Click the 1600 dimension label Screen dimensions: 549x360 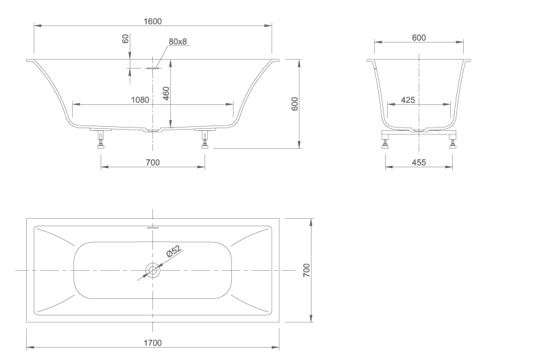pyautogui.click(x=152, y=21)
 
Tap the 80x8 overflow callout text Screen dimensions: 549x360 pyautogui.click(x=178, y=41)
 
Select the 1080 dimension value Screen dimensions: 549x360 pyautogui.click(x=140, y=100)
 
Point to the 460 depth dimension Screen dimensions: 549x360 pyautogui.click(x=166, y=93)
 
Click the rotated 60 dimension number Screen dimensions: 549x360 pyautogui.click(x=126, y=38)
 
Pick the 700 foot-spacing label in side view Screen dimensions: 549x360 pyautogui.click(x=152, y=163)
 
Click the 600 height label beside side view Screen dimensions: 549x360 pyautogui.click(x=295, y=104)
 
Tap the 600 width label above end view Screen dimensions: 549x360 pyautogui.click(x=419, y=38)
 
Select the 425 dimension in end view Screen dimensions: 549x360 pyautogui.click(x=408, y=100)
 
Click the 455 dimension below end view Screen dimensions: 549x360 pyautogui.click(x=419, y=163)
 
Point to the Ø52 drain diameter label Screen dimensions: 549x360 pyautogui.click(x=174, y=251)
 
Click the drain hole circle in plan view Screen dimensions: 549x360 pyautogui.click(x=152, y=270)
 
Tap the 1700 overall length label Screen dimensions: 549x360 pyautogui.click(x=152, y=343)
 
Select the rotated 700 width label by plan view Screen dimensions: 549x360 pyautogui.click(x=306, y=270)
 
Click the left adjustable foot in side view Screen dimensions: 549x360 pyautogui.click(x=102, y=139)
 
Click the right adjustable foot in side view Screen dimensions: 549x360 pyautogui.click(x=205, y=139)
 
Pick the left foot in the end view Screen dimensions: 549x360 pyautogui.click(x=386, y=143)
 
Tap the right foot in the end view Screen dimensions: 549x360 pyautogui.click(x=453, y=143)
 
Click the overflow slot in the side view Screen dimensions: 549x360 pyautogui.click(x=152, y=68)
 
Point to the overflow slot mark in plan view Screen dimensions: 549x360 pyautogui.click(x=152, y=228)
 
